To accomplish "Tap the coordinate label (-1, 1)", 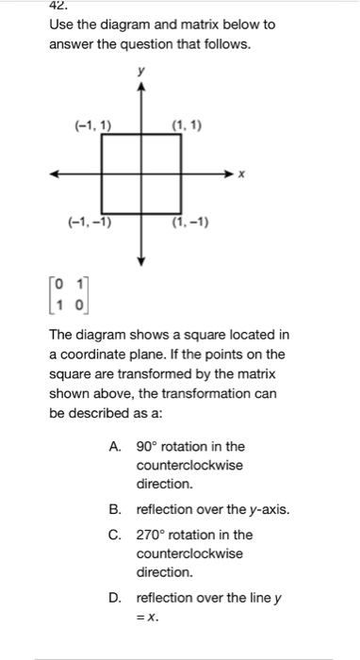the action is point(91,124).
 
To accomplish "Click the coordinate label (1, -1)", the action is point(190,223).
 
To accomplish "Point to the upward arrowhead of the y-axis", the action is point(141,87).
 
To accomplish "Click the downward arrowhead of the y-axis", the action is point(141,259).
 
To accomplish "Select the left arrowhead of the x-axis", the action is point(56,174).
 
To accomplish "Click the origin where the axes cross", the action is point(141,174).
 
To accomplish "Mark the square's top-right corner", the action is point(181,135).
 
